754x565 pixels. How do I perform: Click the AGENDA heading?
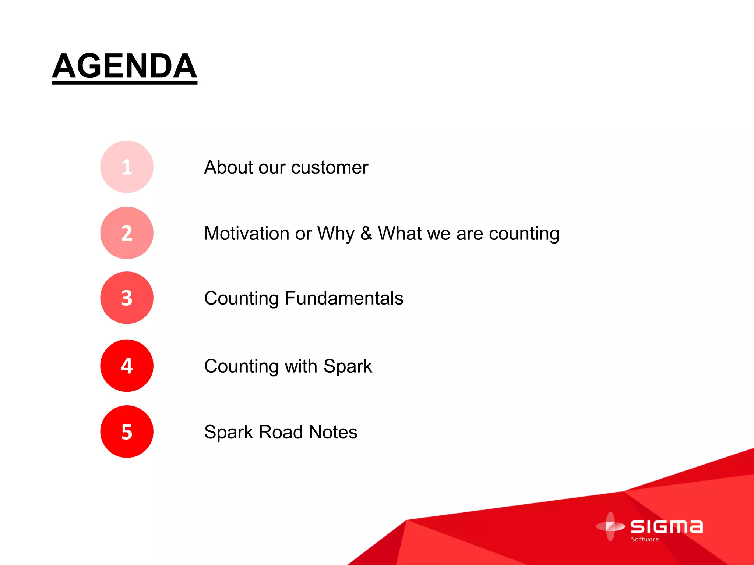(124, 66)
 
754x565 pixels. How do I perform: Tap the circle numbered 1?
(127, 167)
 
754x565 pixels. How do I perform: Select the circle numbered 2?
(127, 233)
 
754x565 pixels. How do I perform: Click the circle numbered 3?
(127, 298)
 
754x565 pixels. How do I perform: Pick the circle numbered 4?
(127, 366)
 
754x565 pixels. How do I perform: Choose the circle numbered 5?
(127, 431)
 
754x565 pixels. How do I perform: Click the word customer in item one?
(330, 168)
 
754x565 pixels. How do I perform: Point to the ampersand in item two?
(366, 233)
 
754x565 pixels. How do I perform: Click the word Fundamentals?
(344, 298)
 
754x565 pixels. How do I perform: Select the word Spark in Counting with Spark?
(348, 366)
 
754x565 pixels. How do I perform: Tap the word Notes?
(333, 432)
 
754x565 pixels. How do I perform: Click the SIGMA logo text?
(666, 527)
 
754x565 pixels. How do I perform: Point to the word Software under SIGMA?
(645, 539)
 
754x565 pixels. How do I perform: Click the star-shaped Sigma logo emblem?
(610, 526)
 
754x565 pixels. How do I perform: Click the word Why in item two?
(336, 234)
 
